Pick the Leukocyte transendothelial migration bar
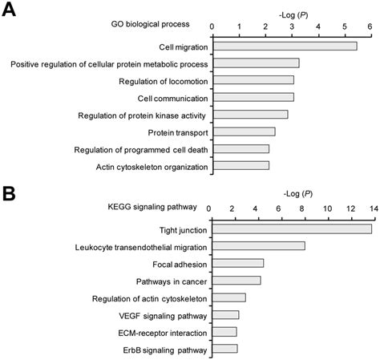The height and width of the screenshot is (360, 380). [x=257, y=246]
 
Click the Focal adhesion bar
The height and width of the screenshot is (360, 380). [x=236, y=263]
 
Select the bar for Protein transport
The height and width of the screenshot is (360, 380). [x=243, y=131]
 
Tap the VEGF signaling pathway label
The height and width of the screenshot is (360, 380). [x=164, y=315]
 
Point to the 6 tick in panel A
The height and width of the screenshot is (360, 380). [x=370, y=26]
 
